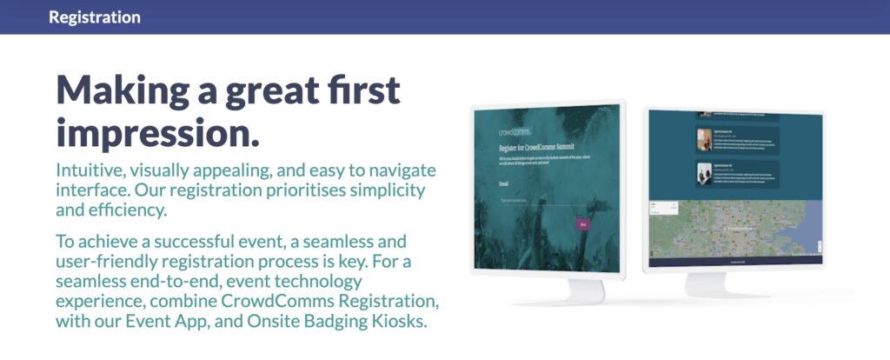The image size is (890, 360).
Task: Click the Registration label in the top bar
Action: pyautogui.click(x=95, y=17)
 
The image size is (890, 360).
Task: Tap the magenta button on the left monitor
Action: pyautogui.click(x=583, y=224)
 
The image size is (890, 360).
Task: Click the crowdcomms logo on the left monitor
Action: pyautogui.click(x=521, y=132)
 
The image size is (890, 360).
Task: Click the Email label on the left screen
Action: pyautogui.click(x=505, y=183)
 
